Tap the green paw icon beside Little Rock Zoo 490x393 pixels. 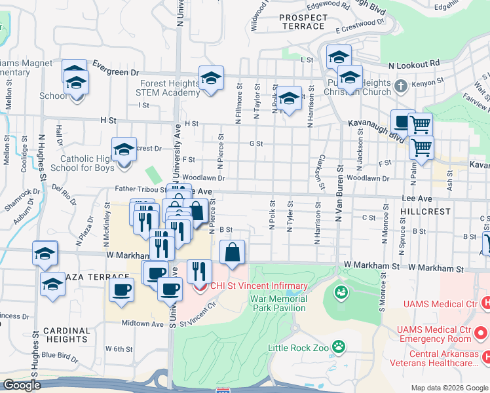pos(339,346)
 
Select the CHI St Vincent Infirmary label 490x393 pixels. pos(258,286)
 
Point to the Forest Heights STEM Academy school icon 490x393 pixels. pos(211,80)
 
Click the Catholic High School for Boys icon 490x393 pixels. pos(124,151)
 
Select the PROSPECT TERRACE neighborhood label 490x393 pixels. pos(302,22)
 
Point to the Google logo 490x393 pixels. pos(22,385)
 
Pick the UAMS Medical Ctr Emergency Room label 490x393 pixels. pos(435,333)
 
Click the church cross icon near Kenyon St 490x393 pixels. pos(402,85)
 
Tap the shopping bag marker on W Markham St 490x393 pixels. pos(233,253)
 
